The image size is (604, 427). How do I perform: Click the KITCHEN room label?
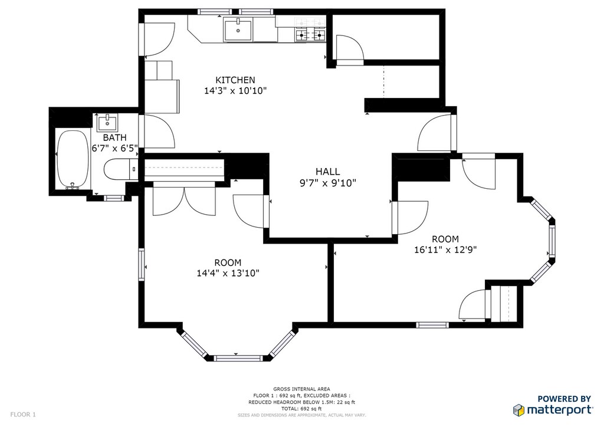235,80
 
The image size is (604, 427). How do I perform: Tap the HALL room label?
328,172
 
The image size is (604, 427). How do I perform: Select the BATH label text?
114,137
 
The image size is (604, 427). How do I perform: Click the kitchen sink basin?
238,30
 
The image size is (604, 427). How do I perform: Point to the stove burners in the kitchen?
310,35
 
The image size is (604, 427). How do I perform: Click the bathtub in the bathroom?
73,160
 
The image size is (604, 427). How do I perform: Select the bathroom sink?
107,123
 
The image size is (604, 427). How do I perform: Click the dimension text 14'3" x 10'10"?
235,91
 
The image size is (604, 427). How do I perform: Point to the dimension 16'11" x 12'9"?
445,250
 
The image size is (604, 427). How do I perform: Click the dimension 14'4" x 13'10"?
228,274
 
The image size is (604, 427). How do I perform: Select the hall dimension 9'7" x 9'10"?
328,183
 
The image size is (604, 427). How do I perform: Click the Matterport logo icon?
518,410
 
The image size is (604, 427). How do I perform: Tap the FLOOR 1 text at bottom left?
23,415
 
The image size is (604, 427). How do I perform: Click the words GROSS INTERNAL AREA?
301,389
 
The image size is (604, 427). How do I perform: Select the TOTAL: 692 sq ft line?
301,409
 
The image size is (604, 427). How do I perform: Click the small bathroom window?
114,198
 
